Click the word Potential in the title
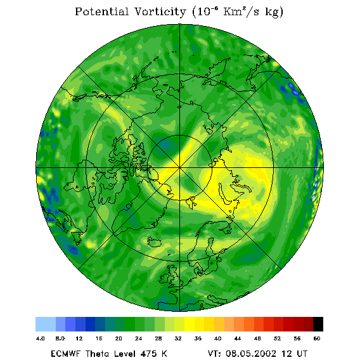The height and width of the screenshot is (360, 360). coord(101,12)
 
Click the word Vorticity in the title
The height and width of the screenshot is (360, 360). coord(160,12)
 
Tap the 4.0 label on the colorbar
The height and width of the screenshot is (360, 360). coord(40,338)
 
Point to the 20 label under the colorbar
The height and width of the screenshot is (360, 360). coord(119,338)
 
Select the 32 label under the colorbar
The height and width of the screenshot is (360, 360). coord(178,338)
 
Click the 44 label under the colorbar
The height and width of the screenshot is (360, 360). coord(238,338)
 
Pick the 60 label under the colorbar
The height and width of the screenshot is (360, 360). coord(317,338)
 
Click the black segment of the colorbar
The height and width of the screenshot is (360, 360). coord(318,324)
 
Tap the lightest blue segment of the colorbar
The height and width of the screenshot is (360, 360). coord(46,324)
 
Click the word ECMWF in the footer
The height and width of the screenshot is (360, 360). coord(65,354)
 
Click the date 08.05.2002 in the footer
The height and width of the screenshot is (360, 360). coord(251,354)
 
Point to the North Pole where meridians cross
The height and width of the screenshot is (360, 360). coord(179,168)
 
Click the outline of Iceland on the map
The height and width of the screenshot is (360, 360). coord(154,241)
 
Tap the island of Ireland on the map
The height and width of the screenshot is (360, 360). coord(164,278)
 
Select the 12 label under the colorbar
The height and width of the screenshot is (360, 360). coord(79,338)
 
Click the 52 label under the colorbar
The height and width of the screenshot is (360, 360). coord(277,338)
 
